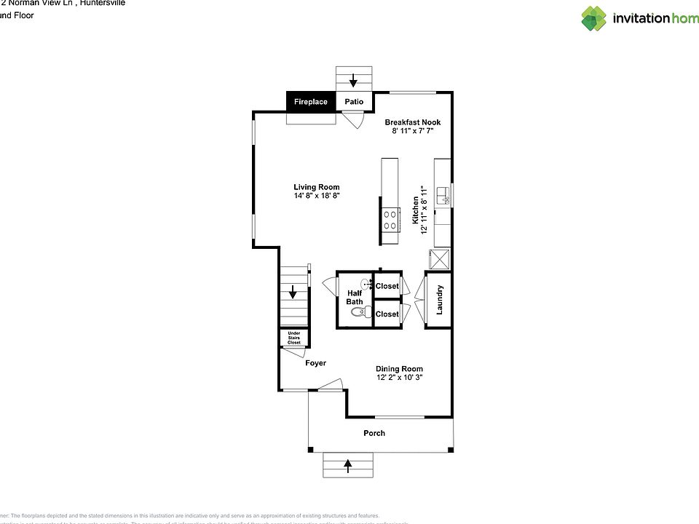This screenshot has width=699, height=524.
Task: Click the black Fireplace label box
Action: click(x=311, y=102)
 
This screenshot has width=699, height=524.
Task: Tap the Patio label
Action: click(x=354, y=102)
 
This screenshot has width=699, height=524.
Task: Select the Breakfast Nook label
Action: click(x=413, y=122)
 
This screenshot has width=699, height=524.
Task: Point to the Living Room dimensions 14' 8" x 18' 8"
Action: click(x=317, y=196)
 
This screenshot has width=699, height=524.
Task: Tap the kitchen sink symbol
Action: click(x=443, y=195)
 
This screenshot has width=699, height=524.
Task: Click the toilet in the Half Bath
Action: click(x=358, y=313)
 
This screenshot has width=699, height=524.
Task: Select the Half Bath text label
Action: click(x=355, y=297)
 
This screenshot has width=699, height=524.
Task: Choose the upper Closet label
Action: click(x=387, y=286)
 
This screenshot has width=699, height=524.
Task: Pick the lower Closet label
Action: click(x=387, y=314)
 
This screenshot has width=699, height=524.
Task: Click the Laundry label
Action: click(x=440, y=299)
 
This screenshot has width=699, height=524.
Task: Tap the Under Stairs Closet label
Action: click(x=293, y=338)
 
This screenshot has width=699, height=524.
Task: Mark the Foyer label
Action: click(x=315, y=363)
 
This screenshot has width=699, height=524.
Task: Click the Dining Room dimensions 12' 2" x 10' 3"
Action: click(x=399, y=378)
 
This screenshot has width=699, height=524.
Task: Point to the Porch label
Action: click(x=374, y=433)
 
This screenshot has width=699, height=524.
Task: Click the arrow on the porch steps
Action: click(x=347, y=463)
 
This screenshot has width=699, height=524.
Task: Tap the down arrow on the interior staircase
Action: click(x=293, y=293)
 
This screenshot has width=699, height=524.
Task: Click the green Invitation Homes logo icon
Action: click(x=593, y=18)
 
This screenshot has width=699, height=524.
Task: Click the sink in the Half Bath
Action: click(x=367, y=285)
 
